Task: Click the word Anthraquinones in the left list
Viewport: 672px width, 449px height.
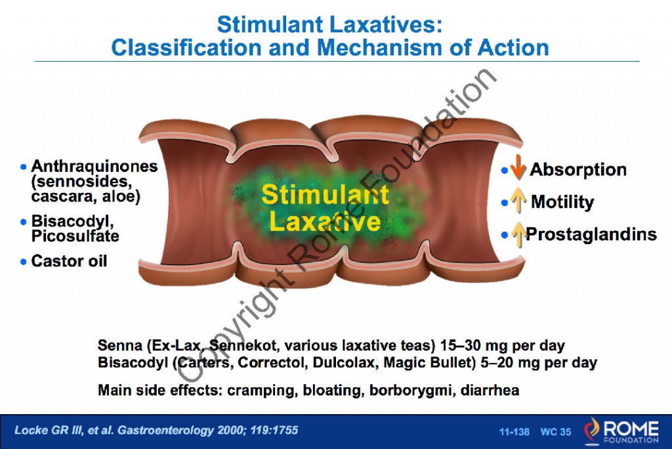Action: pyautogui.click(x=94, y=166)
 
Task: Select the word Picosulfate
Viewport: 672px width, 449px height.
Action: pyautogui.click(x=75, y=235)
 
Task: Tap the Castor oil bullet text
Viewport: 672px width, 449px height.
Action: pyautogui.click(x=69, y=261)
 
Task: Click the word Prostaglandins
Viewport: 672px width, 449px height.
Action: pyautogui.click(x=591, y=234)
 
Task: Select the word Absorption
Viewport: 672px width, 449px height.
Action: pyautogui.click(x=578, y=169)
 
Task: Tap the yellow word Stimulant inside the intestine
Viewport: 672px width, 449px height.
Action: pyautogui.click(x=325, y=195)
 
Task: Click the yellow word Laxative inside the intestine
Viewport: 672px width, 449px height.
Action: pyautogui.click(x=325, y=222)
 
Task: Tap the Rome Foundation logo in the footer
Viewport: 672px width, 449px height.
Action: pyautogui.click(x=621, y=429)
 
